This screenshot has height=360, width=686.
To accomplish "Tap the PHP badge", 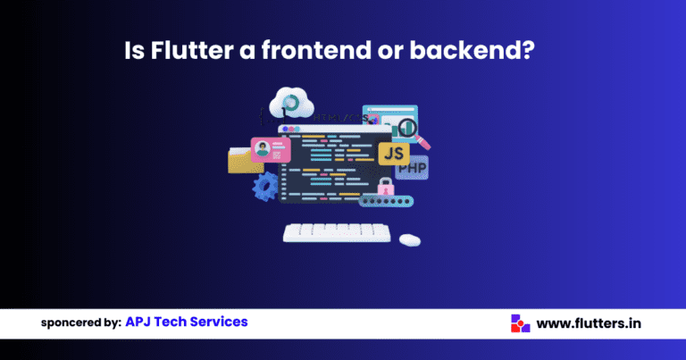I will click(413, 167).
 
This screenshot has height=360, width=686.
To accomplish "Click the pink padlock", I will click(386, 188).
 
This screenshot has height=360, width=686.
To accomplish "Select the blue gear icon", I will click(265, 186).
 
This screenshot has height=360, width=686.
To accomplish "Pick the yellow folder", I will click(241, 161).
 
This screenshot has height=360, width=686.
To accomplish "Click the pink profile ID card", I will click(272, 150).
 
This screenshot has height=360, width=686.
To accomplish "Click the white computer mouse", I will click(409, 239).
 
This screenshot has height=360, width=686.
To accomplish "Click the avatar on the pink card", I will click(262, 149).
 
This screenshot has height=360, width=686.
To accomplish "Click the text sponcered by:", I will click(80, 323).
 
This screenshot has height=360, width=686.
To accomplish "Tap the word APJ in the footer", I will click(140, 322).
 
